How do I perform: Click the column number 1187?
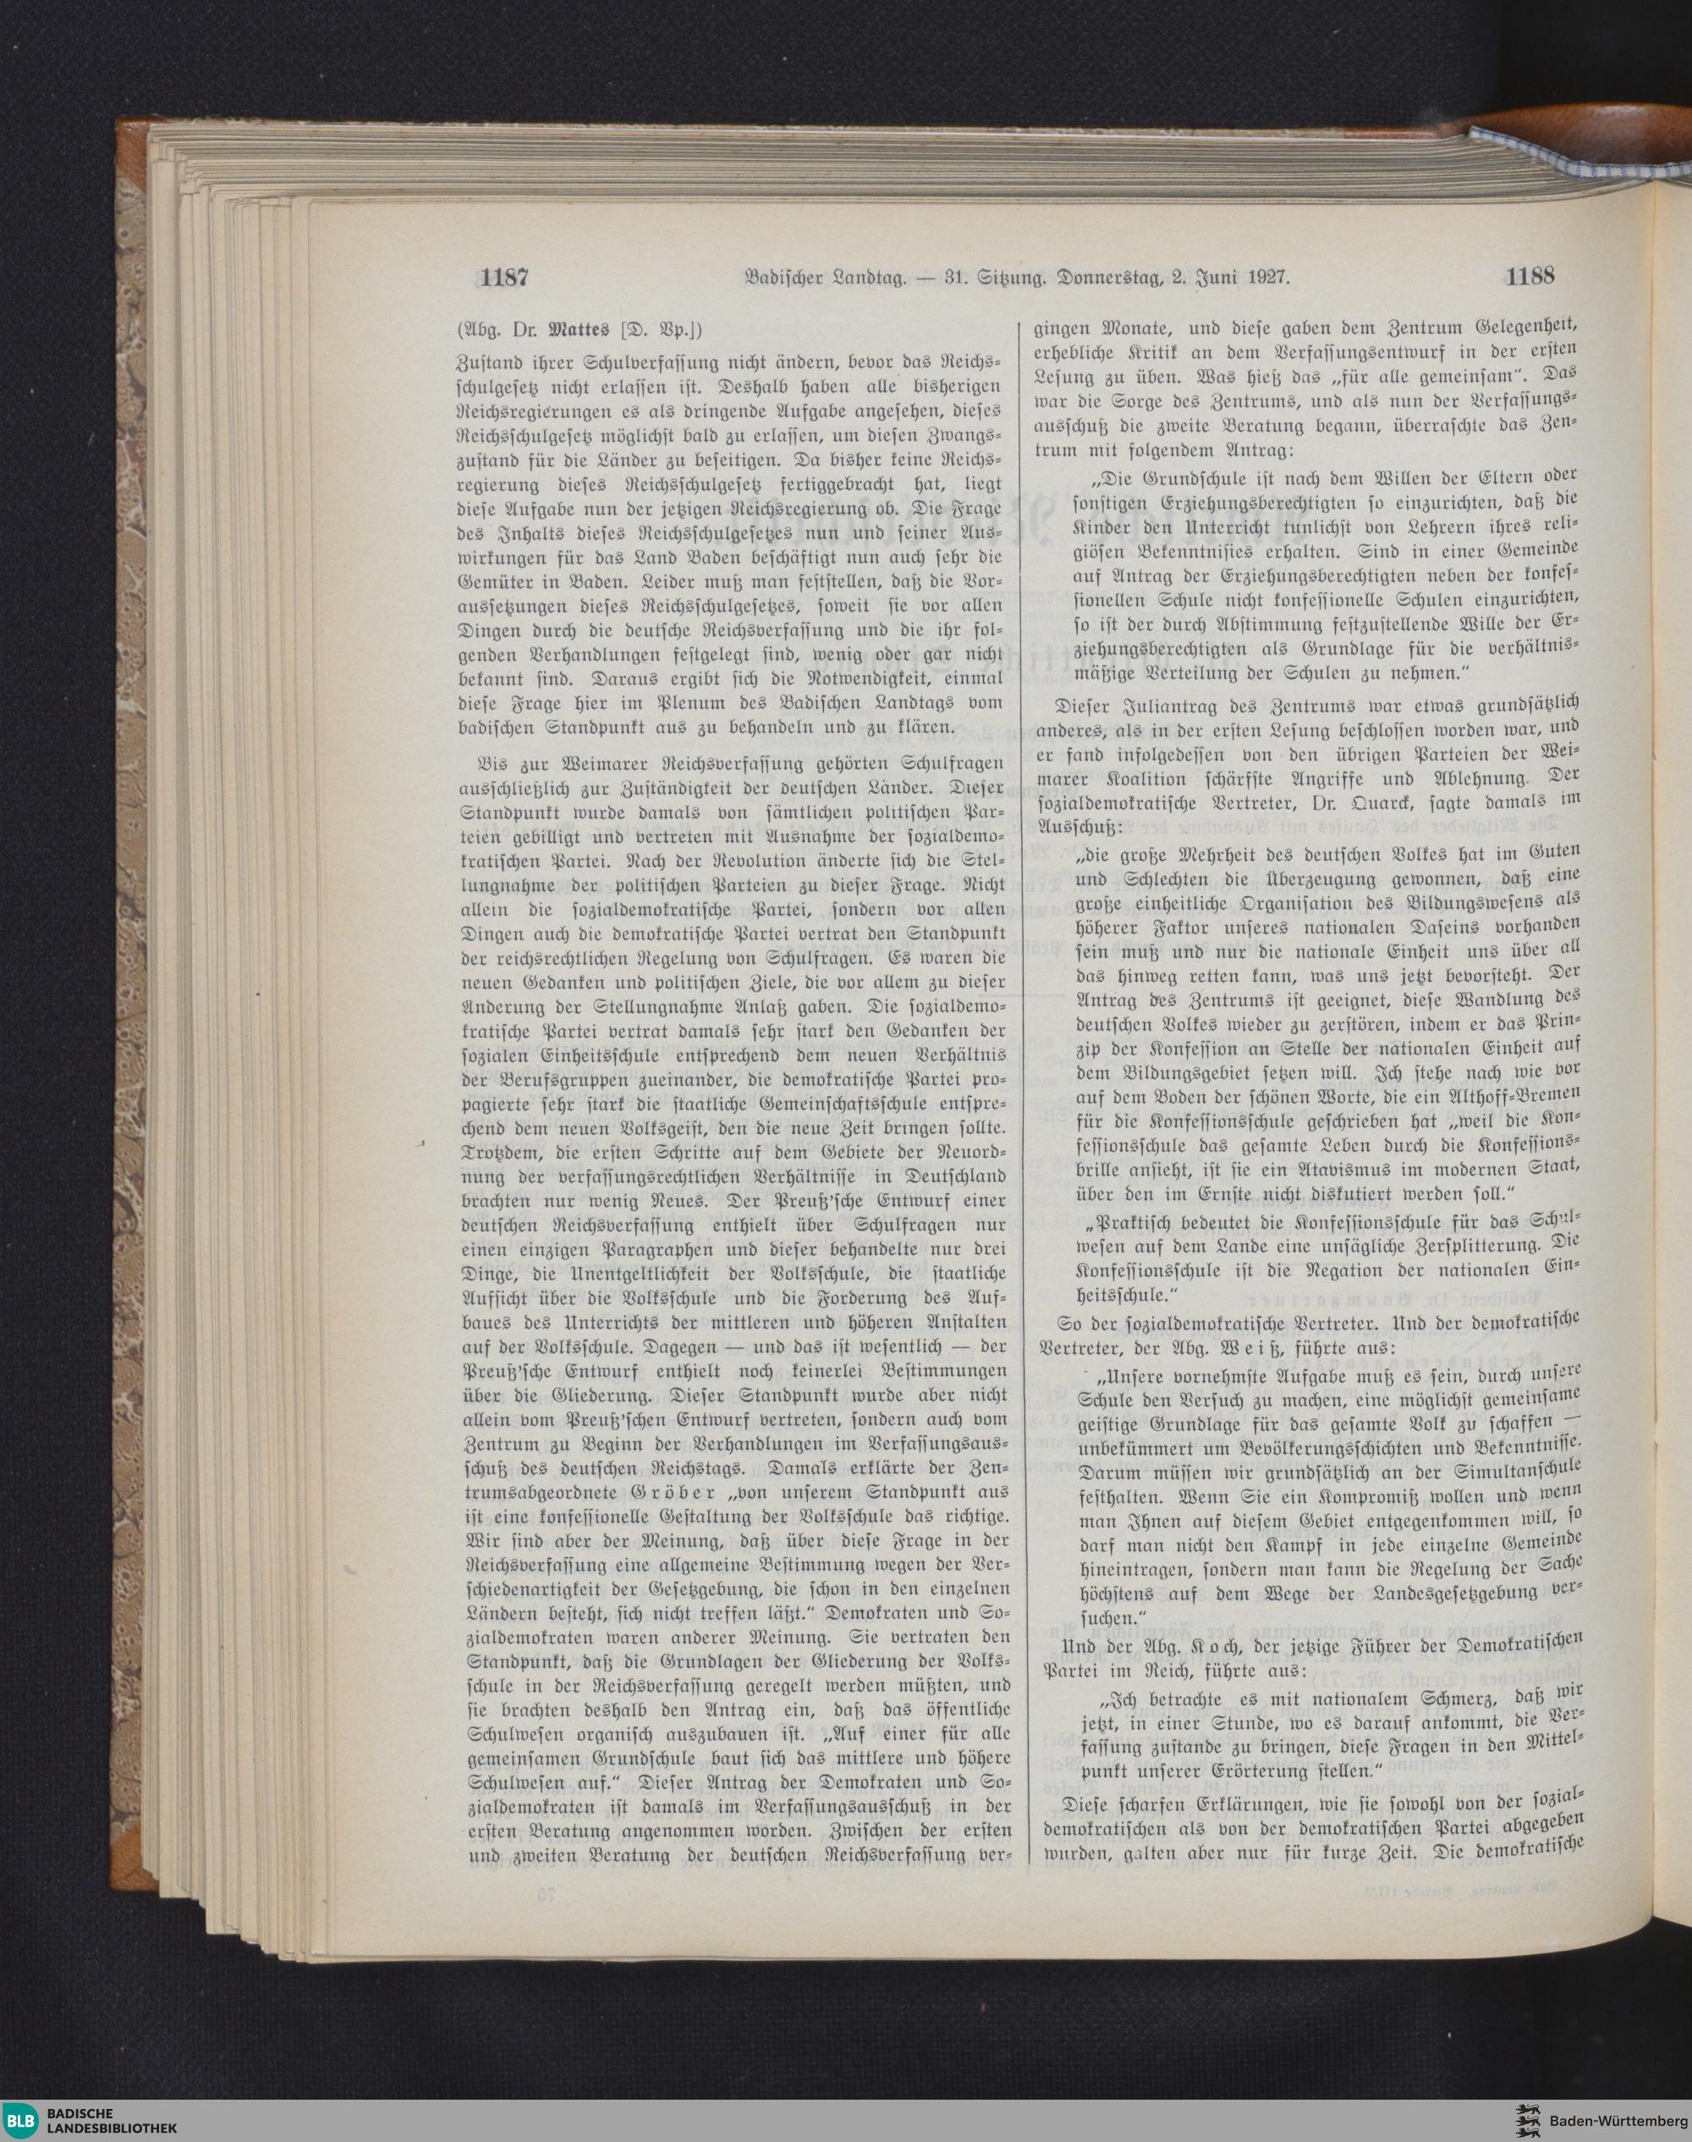click(504, 278)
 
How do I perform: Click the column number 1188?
click(1530, 277)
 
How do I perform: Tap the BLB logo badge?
click(21, 2119)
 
